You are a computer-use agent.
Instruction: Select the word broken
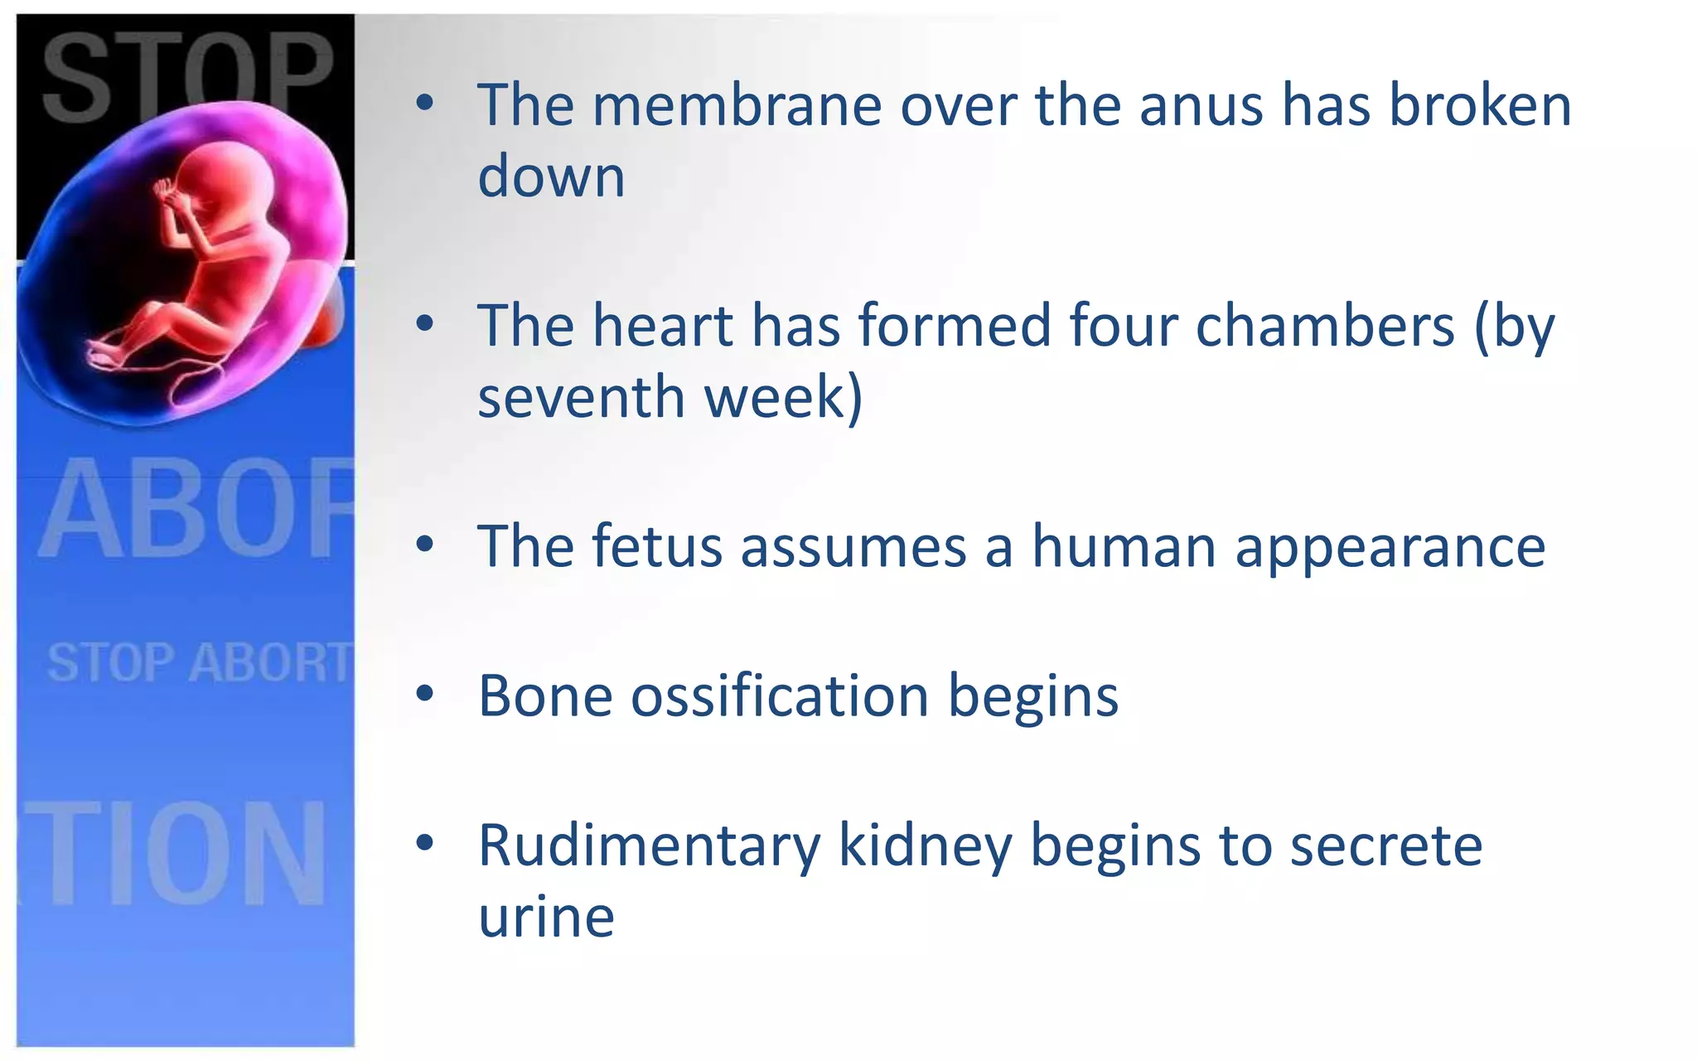1479,106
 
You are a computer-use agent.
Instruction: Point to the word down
551,177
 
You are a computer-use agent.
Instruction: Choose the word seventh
581,396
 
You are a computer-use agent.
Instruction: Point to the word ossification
779,696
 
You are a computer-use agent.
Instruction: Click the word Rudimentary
649,847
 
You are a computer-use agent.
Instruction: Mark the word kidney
925,847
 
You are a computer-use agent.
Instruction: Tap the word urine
546,918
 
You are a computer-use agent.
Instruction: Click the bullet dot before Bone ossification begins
425,695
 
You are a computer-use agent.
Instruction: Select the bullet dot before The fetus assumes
425,545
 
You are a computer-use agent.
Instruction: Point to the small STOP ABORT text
199,663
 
